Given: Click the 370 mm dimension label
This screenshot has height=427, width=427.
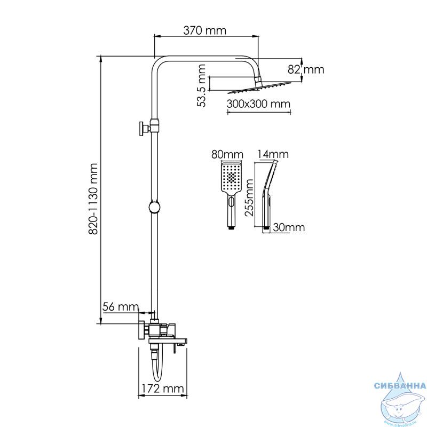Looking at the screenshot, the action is pos(204,30).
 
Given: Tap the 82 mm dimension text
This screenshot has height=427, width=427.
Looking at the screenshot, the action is pos(306,69).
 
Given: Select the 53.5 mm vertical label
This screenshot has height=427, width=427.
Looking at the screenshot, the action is pos(201,85).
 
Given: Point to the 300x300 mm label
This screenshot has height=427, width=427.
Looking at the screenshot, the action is pos(258,104).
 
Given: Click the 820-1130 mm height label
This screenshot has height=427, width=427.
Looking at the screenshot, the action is pos(93,199).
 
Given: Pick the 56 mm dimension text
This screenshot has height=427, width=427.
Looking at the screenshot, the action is pos(121,307).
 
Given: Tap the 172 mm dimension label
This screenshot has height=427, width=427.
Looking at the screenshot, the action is pos(163,389).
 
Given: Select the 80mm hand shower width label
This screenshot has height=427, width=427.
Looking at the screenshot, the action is pos(227,155).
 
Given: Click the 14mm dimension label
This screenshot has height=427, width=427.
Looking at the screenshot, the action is pos(273,154).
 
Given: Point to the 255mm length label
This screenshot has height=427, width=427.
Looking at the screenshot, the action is pos(249,197).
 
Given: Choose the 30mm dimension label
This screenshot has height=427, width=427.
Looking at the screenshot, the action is pos(289,227).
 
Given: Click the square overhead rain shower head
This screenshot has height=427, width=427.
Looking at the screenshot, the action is pos(259,86).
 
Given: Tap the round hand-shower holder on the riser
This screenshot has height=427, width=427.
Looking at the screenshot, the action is pos(155,208).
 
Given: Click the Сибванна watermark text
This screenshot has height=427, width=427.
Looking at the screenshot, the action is pos(400,385).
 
